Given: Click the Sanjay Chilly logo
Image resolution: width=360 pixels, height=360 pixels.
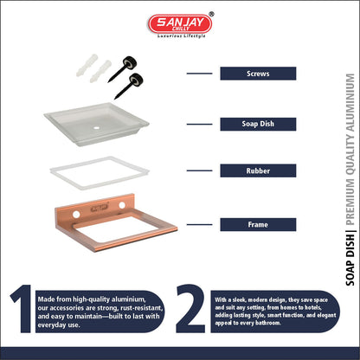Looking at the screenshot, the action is click(180, 24).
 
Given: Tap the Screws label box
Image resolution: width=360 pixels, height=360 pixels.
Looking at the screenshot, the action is click(258, 74).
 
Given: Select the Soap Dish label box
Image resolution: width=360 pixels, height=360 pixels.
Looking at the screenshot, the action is click(258, 124).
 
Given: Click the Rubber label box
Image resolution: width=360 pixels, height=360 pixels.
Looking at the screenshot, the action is click(258, 170).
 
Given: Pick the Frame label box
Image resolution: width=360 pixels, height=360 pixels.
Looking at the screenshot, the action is click(258, 224).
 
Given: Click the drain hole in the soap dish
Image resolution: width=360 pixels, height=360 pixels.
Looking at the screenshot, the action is click(96, 127).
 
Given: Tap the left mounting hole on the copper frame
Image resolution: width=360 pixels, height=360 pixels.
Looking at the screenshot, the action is click(76, 215).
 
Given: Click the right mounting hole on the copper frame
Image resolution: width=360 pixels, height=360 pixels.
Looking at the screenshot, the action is click(122, 205).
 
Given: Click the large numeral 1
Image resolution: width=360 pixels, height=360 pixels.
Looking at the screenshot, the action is click(22, 309).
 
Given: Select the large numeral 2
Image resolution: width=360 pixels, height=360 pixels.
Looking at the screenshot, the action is click(190, 308).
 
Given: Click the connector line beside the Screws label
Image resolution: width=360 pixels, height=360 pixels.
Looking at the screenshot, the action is click(199, 74).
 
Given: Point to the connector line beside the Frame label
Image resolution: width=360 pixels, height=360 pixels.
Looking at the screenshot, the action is click(199, 224).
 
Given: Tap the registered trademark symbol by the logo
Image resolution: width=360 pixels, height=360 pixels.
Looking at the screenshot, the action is click(211, 14).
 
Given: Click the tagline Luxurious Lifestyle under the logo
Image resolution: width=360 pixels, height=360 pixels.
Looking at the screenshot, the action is click(182, 36).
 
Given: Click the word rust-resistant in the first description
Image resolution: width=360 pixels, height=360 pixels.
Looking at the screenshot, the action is click(142, 308).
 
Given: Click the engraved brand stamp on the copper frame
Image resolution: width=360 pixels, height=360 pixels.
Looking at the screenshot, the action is click(100, 208).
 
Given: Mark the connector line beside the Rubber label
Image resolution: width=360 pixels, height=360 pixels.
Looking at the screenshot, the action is click(199, 170).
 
